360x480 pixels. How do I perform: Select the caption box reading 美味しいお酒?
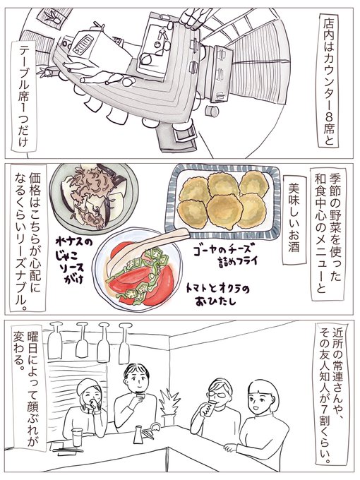click(x=294, y=220)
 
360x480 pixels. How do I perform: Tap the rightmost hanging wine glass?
click(x=124, y=343)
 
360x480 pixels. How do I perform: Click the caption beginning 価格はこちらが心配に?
click(x=28, y=238)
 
